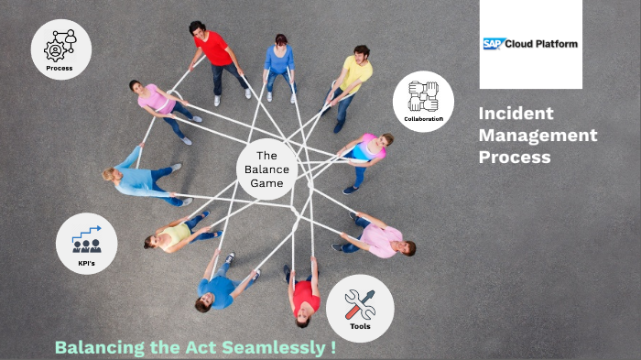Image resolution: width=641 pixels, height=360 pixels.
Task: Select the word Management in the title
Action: [x=538, y=136]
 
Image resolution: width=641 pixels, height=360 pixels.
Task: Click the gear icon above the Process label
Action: [x=60, y=45]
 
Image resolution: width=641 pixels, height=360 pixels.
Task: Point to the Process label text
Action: [x=60, y=68]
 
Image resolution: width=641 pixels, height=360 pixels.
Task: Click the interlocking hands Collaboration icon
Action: [x=424, y=96]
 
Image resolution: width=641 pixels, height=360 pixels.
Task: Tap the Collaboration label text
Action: [x=423, y=119]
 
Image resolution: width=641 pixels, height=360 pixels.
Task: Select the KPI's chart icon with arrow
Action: [x=87, y=239]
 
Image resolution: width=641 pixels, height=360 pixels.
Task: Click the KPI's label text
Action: [x=86, y=262]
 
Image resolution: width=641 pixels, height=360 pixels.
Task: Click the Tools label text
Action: [x=360, y=325]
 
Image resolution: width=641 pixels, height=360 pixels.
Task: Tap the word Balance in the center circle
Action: [x=266, y=169]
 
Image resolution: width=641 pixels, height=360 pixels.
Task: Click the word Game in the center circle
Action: [x=266, y=183]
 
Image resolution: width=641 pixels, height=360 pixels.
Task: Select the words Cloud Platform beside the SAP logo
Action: [x=545, y=43]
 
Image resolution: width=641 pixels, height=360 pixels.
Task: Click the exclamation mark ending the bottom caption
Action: [x=334, y=348]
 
